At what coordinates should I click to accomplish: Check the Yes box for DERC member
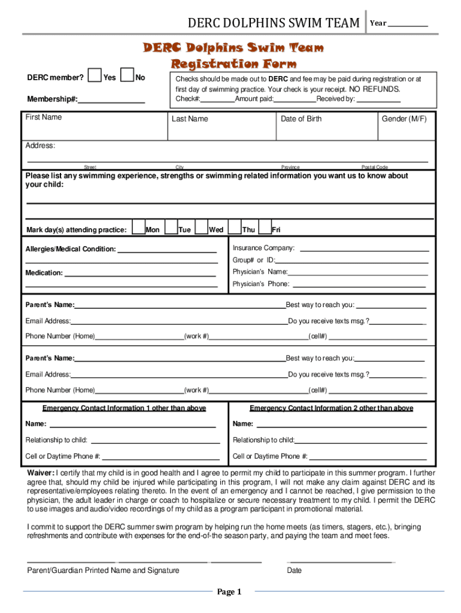pyautogui.click(x=95, y=75)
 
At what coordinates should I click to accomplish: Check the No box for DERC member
pyautogui.click(x=127, y=75)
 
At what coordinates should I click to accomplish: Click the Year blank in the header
pyautogui.click(x=408, y=23)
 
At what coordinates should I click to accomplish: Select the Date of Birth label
pyautogui.click(x=301, y=119)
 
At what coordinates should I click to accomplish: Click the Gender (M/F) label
pyautogui.click(x=404, y=119)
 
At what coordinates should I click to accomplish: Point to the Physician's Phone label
pyautogui.click(x=260, y=284)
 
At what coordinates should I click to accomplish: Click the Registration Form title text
pyautogui.click(x=233, y=63)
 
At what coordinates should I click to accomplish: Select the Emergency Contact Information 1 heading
pyautogui.click(x=124, y=408)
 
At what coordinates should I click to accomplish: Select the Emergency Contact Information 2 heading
pyautogui.click(x=331, y=408)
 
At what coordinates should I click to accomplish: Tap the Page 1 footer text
pyautogui.click(x=229, y=592)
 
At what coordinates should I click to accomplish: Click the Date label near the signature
pyautogui.click(x=294, y=570)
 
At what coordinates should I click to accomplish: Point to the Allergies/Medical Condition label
pyautogui.click(x=71, y=249)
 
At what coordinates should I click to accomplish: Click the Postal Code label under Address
pyautogui.click(x=375, y=167)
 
